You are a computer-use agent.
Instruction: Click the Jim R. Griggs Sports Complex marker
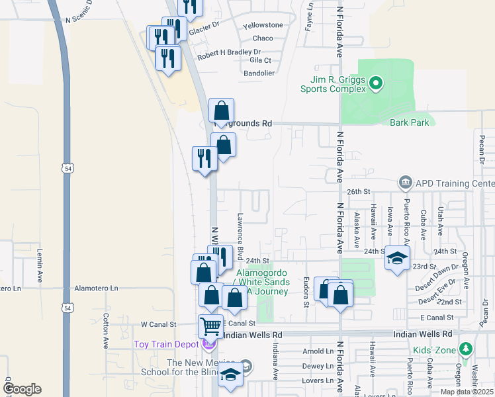pyautogui.click(x=376, y=83)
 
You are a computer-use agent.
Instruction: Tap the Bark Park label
pyautogui.click(x=408, y=122)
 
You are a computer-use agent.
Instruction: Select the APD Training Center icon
pyautogui.click(x=405, y=182)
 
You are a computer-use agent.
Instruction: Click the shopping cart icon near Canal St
pyautogui.click(x=210, y=325)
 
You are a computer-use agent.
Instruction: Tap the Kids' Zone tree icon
pyautogui.click(x=466, y=348)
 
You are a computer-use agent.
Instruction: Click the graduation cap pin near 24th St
pyautogui.click(x=398, y=258)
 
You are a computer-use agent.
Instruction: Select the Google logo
pyautogui.click(x=21, y=389)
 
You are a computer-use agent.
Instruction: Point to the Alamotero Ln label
pyautogui.click(x=96, y=288)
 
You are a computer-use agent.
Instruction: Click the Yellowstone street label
pyautogui.click(x=263, y=25)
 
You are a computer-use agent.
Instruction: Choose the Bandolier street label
pyautogui.click(x=258, y=73)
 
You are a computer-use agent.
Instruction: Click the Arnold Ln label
pyautogui.click(x=318, y=351)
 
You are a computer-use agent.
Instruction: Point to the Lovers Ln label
pyautogui.click(x=318, y=380)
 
